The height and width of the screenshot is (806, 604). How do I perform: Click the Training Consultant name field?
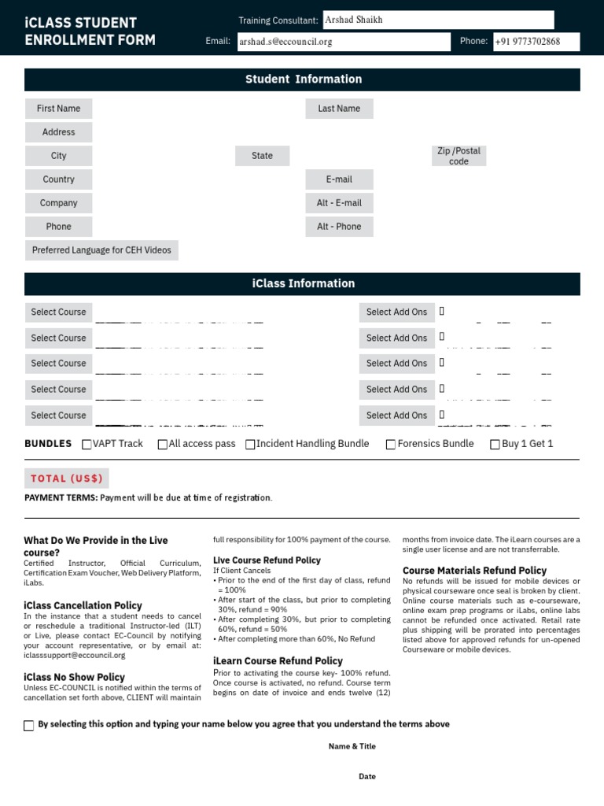(x=437, y=20)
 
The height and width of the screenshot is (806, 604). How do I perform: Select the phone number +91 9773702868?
(x=528, y=42)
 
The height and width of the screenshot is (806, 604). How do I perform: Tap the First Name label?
(x=58, y=109)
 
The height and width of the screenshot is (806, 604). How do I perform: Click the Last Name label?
(x=339, y=109)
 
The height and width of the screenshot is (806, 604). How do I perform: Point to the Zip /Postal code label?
(x=459, y=156)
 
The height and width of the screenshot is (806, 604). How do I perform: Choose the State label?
(x=262, y=156)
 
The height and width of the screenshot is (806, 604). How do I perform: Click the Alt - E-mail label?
(x=339, y=203)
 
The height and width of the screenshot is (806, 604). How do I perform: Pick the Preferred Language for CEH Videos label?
(x=101, y=250)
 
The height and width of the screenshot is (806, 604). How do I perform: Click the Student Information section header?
(x=303, y=79)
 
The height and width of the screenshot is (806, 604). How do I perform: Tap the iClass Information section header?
(x=303, y=283)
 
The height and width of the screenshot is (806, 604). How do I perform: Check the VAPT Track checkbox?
(x=87, y=445)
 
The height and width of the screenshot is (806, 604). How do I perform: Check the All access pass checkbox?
(x=163, y=445)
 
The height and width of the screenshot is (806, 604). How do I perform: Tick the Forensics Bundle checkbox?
(x=391, y=445)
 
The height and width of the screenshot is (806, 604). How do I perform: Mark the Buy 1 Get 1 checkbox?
(x=495, y=445)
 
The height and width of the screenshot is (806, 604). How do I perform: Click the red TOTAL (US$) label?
(x=67, y=479)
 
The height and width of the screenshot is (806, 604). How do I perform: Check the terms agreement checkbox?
(x=29, y=726)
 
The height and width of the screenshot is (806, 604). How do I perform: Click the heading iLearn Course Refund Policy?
(x=278, y=661)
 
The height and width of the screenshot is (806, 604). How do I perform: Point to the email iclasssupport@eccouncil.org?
(x=75, y=655)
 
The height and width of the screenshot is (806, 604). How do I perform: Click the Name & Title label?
(x=352, y=746)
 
